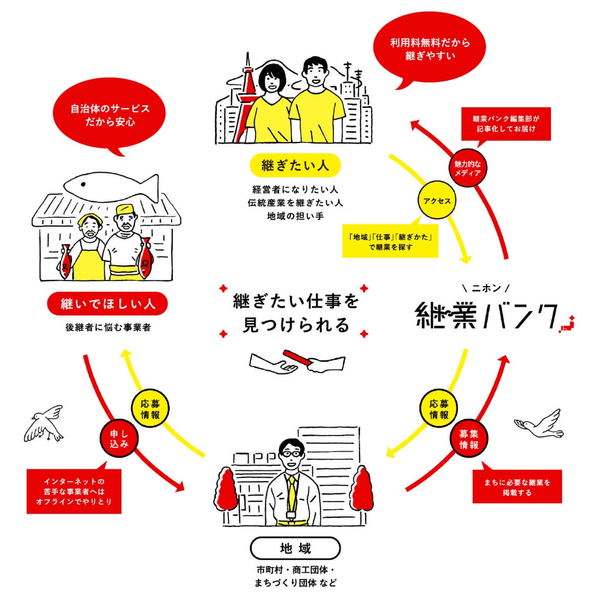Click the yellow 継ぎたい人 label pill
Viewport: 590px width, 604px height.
click(295, 165)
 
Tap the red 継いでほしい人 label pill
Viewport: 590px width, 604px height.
click(108, 304)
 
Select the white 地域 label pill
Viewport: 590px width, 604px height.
click(295, 549)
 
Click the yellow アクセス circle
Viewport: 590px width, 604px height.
click(437, 201)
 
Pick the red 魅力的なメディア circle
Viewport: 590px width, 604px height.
click(468, 168)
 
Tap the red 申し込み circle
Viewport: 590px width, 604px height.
click(119, 439)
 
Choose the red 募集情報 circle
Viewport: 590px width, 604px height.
click(469, 440)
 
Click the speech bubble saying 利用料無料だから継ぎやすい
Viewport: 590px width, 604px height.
click(430, 50)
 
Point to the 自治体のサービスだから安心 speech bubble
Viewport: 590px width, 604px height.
click(110, 116)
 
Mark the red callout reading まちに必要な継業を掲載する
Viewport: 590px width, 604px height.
click(517, 487)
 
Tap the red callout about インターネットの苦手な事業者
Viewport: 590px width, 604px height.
click(74, 491)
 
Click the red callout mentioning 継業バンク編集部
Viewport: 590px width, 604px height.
click(505, 123)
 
